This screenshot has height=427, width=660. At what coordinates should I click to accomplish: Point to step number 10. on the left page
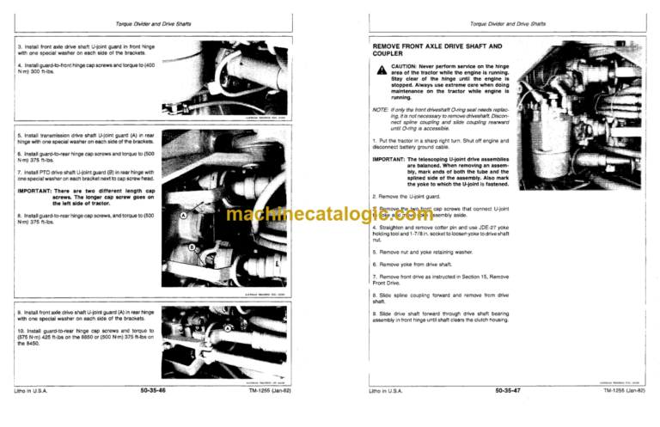(21, 330)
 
